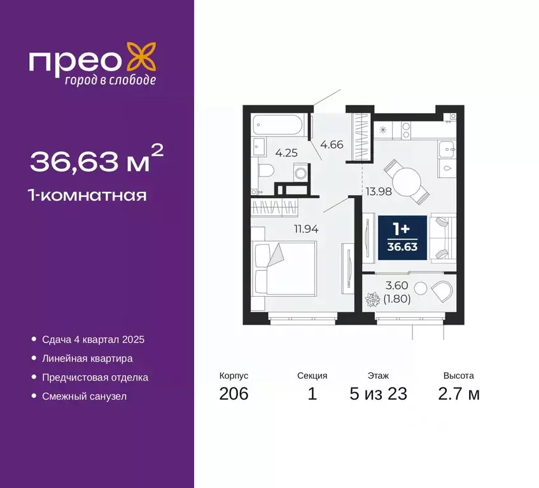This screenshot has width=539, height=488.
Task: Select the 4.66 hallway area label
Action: tap(332, 144)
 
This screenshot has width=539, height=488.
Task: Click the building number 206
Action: tap(234, 393)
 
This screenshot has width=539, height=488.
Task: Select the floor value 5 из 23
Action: tap(378, 393)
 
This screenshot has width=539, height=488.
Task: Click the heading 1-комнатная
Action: tap(88, 195)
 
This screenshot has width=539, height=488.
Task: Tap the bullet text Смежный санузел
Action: tap(85, 396)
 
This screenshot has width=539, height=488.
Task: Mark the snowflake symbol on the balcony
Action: tap(374, 298)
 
